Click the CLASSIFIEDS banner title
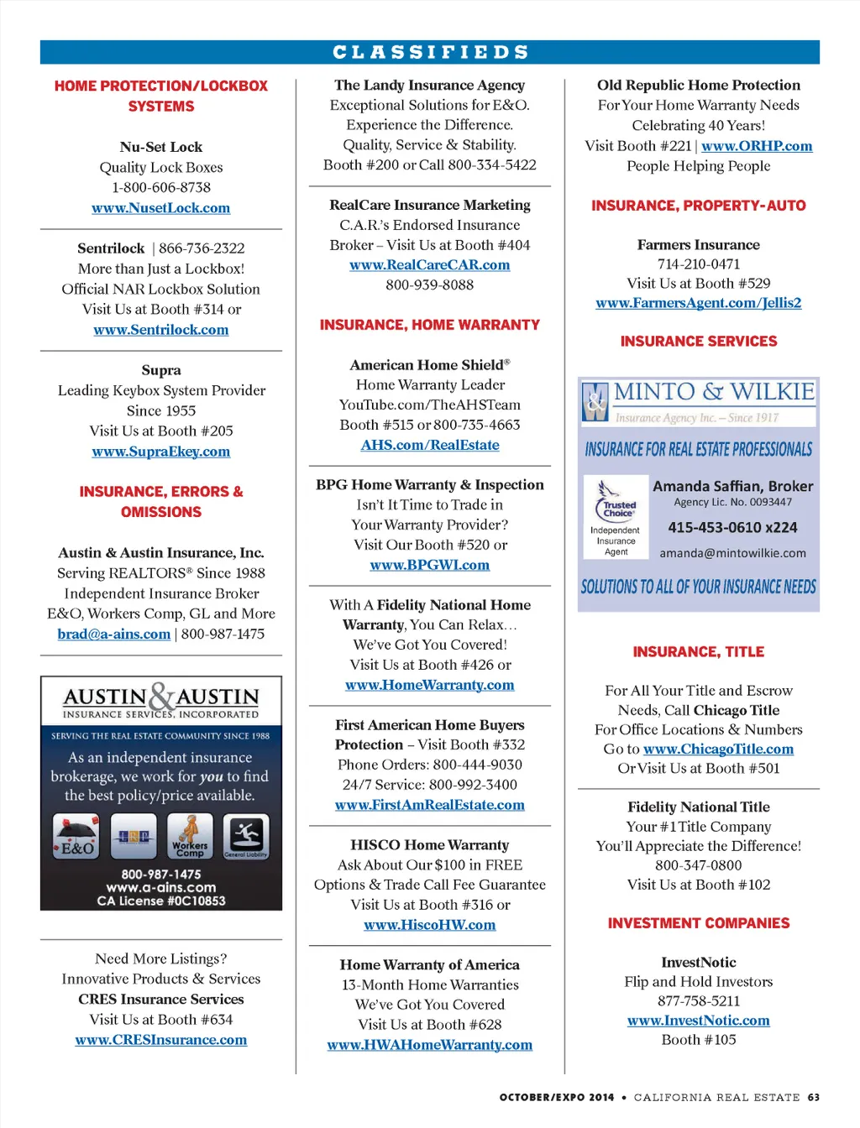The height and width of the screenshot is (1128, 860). click(430, 52)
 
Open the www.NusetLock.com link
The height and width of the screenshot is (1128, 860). click(160, 208)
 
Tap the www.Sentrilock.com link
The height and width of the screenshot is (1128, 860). click(160, 330)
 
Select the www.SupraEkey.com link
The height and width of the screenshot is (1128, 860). click(160, 452)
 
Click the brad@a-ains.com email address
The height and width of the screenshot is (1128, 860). click(113, 634)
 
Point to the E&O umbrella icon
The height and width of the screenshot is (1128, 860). click(76, 837)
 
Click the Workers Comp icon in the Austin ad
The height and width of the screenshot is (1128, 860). click(190, 837)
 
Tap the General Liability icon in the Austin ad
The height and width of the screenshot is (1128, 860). click(245, 837)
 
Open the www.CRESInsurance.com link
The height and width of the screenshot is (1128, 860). click(160, 1040)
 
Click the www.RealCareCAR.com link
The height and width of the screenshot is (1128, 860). click(429, 265)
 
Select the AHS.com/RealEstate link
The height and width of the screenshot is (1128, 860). click(429, 446)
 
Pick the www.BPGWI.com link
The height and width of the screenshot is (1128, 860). click(429, 566)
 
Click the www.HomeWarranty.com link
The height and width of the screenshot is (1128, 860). click(429, 686)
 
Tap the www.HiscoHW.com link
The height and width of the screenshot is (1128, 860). click(429, 925)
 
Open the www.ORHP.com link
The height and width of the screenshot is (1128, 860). click(757, 146)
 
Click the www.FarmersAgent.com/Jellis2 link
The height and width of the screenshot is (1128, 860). click(698, 303)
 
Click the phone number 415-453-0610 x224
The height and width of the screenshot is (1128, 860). click(732, 528)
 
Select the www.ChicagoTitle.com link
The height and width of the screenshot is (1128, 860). click(718, 749)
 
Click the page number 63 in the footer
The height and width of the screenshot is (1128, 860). click(813, 1097)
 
